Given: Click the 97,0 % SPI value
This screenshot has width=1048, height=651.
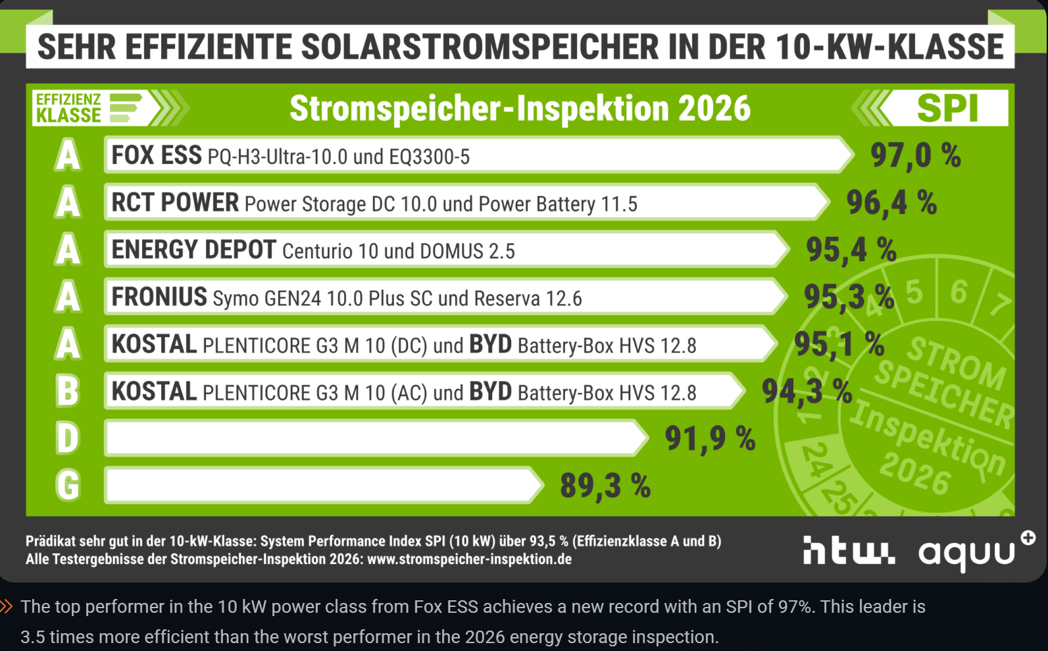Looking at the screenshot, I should tap(915, 156).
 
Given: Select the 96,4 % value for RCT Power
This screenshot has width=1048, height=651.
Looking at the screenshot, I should tap(891, 203).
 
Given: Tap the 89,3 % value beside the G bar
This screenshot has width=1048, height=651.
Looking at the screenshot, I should tap(605, 486).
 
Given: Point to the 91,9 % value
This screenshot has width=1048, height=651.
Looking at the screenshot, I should tap(710, 439).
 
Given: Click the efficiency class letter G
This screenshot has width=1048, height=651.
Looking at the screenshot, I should tap(68, 486).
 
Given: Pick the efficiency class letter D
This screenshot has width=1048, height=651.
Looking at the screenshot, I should tap(68, 439).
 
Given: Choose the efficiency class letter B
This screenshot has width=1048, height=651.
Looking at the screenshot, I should tap(68, 392).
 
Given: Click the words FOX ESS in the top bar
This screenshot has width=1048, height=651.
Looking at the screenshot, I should tap(157, 156).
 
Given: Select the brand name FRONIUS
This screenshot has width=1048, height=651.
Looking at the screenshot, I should tap(159, 298).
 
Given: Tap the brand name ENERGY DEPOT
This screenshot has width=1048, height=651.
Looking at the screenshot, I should tap(193, 250).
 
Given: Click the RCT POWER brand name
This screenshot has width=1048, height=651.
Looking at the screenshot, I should tap(175, 203).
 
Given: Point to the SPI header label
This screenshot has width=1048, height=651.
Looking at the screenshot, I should tap(947, 108).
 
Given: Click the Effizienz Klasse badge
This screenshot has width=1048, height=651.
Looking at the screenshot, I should tap(88, 108).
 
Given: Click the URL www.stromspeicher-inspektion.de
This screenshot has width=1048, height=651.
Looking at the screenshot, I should tap(469, 560).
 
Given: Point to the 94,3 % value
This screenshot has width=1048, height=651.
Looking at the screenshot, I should tap(807, 392).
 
